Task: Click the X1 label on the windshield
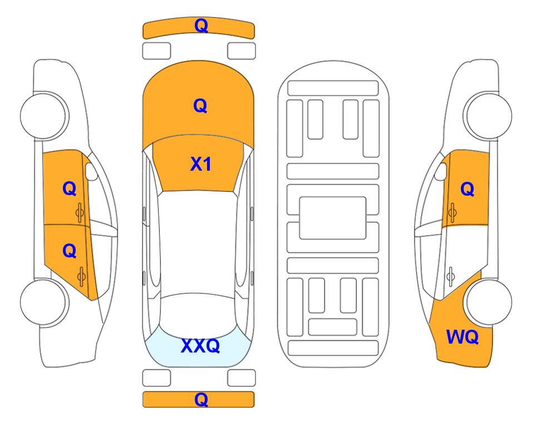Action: [x=201, y=164]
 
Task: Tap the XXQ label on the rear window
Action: [x=200, y=346]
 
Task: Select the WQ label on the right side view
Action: [x=462, y=337]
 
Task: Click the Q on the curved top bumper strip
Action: [x=201, y=26]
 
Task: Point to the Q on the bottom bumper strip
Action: [x=201, y=399]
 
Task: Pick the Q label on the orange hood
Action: [x=200, y=106]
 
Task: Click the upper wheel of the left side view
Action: [x=45, y=116]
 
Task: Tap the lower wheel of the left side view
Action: [x=45, y=302]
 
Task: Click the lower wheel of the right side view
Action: [x=489, y=302]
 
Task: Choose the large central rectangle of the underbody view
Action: [x=333, y=218]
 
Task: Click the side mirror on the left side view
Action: [x=91, y=171]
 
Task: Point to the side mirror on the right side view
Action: [x=441, y=171]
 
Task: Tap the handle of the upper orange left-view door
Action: [x=80, y=212]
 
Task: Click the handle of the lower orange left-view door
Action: [x=81, y=277]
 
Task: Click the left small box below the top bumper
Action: [x=156, y=51]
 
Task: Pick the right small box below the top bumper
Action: [x=242, y=51]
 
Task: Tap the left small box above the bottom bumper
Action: [x=156, y=378]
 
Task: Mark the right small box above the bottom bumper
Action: [x=242, y=378]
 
